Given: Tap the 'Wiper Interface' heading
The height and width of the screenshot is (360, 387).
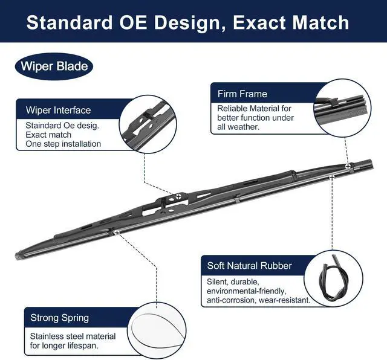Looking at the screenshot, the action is click(x=58, y=110).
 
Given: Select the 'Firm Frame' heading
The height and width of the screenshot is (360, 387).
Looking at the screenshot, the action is click(x=242, y=94).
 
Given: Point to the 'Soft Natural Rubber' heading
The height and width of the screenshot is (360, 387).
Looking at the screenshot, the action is click(x=249, y=265).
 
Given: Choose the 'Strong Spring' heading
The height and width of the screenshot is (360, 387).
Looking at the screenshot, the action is click(x=59, y=317).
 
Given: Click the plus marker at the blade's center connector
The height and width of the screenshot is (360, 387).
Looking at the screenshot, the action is click(x=180, y=196).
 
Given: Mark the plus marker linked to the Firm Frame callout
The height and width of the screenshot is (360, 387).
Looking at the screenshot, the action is click(x=347, y=165).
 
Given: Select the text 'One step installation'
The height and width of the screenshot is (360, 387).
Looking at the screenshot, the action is click(x=63, y=144).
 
